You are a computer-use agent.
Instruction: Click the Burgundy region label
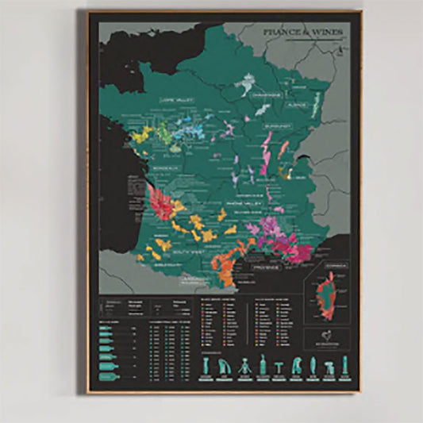click(x=280, y=124)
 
